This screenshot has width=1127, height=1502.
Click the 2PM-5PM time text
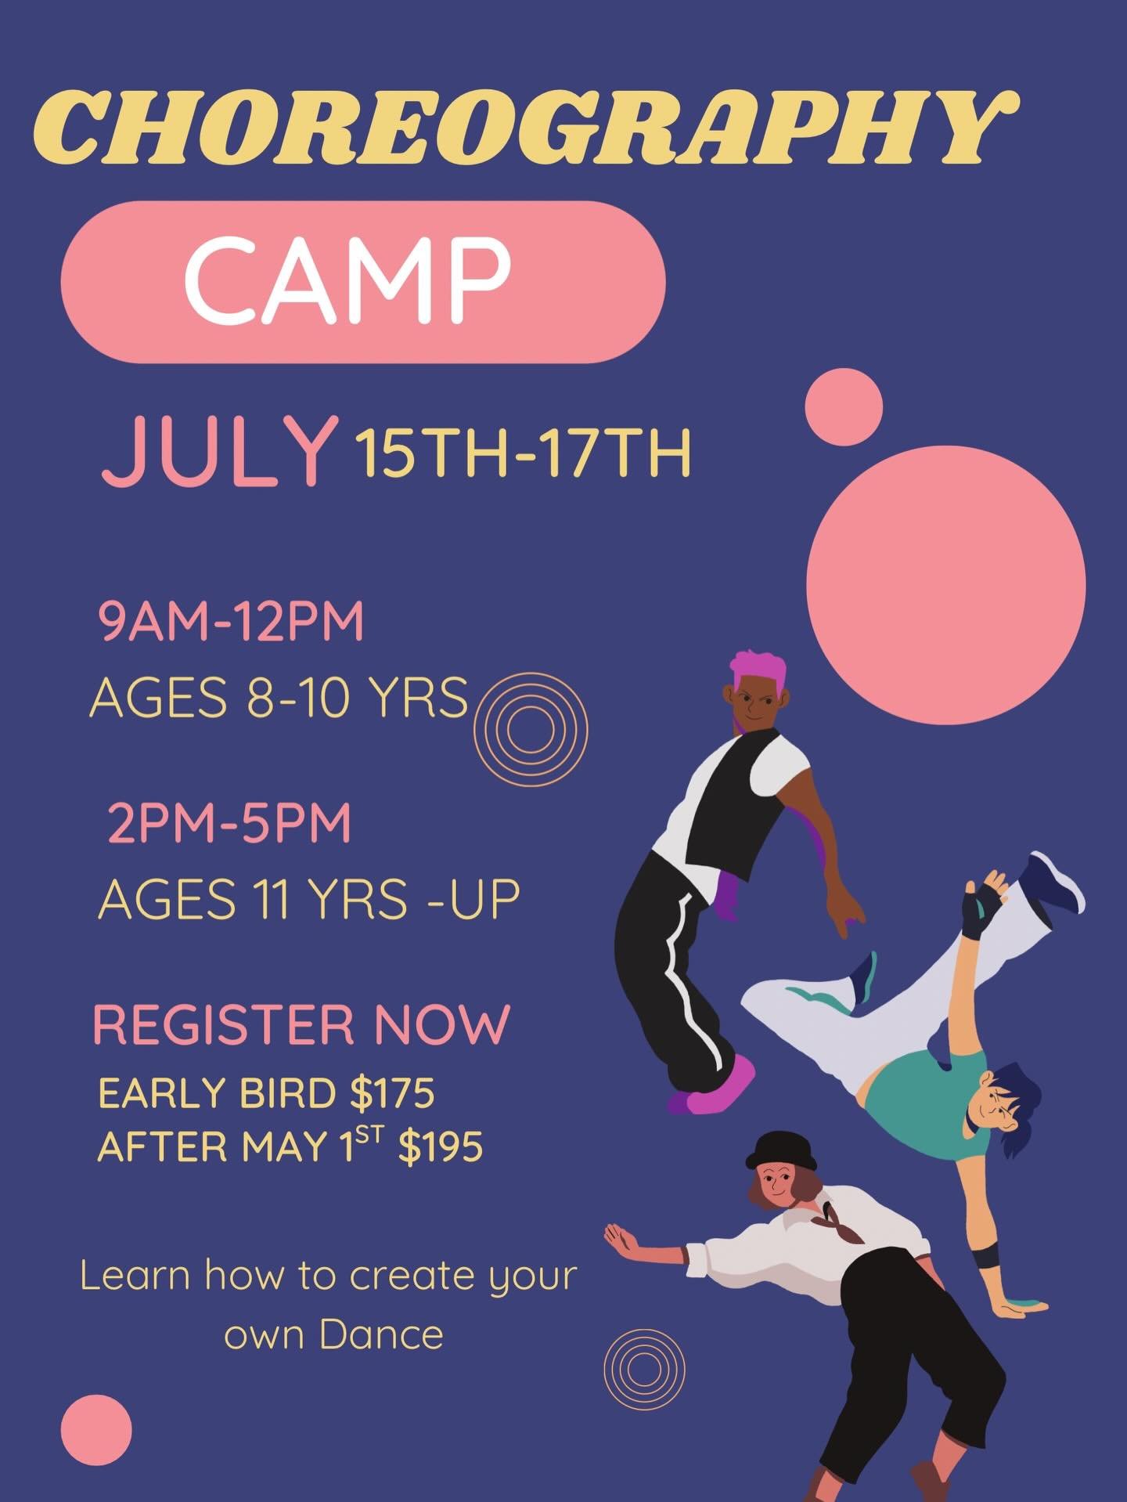pos(229,824)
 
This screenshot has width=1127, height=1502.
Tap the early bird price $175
pos(392,1093)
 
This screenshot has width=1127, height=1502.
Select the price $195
pos(441,1147)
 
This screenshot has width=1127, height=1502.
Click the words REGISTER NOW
pos(301,1024)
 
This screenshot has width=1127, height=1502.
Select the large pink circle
pos(945,585)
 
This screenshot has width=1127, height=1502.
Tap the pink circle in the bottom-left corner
pos(96,1430)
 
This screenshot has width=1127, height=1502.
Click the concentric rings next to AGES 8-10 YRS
pos(531,729)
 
